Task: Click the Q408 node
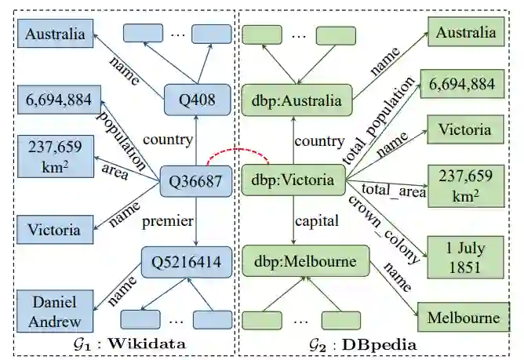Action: [195, 99]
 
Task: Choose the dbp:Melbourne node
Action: [293, 260]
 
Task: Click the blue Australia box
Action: [54, 35]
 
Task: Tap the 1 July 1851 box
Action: [461, 258]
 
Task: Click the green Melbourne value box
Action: [463, 318]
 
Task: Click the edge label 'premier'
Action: [167, 222]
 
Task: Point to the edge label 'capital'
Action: [317, 222]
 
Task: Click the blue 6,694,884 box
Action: [54, 100]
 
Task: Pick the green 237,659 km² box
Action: [461, 185]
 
